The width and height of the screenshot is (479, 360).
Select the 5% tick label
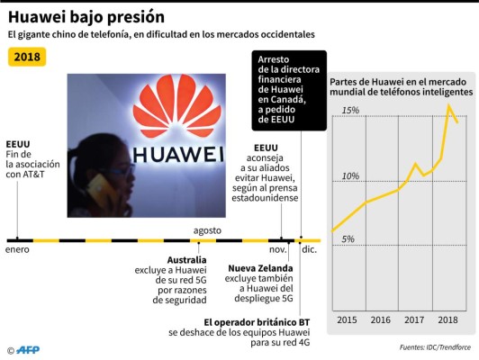348,239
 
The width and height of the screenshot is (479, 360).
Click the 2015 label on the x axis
347,319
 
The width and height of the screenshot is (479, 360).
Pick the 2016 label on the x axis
380,319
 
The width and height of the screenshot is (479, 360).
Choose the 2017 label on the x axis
415,319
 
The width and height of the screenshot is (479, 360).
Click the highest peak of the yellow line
449,105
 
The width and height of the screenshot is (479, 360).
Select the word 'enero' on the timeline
18,249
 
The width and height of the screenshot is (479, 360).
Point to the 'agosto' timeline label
207,230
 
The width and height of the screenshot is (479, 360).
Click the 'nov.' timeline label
278,249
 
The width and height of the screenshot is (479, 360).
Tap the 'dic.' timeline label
309,249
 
